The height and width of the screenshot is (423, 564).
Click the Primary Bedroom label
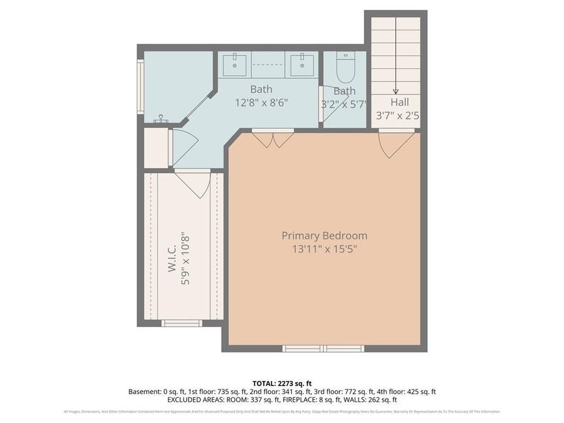pos(324,236)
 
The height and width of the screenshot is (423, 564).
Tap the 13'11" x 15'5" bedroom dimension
pos(324,249)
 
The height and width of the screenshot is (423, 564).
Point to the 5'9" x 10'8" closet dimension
pos(185,259)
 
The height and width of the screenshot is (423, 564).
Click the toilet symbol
pos(345,68)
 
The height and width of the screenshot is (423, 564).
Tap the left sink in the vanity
pos(235,63)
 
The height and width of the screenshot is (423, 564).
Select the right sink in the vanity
pos(301,63)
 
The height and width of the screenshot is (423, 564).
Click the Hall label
pos(399,102)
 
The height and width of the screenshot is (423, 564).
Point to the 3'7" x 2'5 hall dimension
pos(397,116)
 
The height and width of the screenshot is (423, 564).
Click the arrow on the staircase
pos(395,90)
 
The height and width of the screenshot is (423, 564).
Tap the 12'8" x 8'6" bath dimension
pos(261,103)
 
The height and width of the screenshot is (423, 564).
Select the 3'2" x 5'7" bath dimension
pos(344,104)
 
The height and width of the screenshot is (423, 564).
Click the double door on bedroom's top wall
pos(273,138)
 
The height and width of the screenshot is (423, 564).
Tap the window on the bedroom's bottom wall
pos(323,348)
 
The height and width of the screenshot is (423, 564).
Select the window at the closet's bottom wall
pos(182,323)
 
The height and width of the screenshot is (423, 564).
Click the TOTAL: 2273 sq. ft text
pos(282,383)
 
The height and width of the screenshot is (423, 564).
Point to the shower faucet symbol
pos(162,119)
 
